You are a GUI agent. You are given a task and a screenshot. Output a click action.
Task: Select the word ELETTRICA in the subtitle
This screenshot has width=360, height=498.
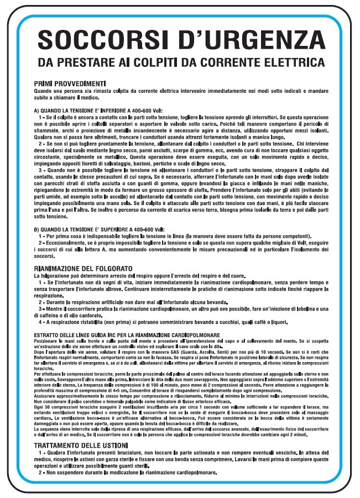tap(290, 61)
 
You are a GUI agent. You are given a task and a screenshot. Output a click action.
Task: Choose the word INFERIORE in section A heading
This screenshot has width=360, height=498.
tap(111, 110)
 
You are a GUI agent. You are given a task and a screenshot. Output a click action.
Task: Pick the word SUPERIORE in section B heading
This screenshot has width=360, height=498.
tap(112, 229)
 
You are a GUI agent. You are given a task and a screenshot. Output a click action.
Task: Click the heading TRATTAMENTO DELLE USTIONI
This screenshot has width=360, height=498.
tap(84, 445)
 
